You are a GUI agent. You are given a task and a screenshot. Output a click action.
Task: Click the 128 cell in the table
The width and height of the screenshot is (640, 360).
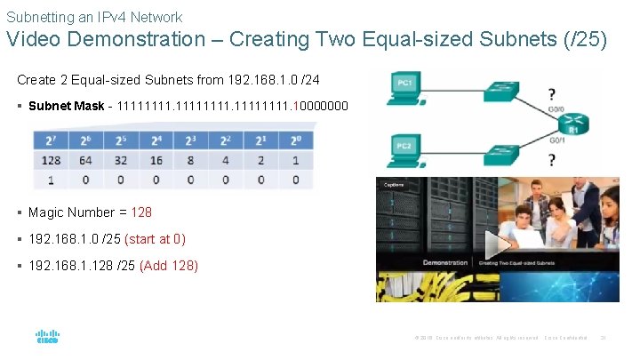[51, 161]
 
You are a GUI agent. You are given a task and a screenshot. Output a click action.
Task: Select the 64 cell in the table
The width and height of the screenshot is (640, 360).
[85, 161]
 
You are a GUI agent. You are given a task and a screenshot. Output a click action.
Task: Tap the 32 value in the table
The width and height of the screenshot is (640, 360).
[120, 161]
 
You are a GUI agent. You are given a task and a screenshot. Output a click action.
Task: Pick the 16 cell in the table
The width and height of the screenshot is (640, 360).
[156, 161]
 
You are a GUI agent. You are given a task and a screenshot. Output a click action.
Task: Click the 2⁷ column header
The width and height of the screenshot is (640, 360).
[51, 141]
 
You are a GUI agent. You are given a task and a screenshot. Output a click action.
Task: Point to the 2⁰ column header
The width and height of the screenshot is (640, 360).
[295, 141]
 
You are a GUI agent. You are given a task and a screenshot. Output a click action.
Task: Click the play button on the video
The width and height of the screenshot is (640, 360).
[500, 244]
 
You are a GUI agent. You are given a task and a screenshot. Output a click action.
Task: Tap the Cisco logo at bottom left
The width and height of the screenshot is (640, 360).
[47, 338]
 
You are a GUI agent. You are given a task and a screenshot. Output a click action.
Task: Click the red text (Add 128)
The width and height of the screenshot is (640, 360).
[169, 266]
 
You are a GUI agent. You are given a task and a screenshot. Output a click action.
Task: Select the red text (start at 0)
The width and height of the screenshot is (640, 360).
[156, 239]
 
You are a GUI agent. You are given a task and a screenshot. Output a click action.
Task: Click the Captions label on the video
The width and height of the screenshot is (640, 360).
[394, 185]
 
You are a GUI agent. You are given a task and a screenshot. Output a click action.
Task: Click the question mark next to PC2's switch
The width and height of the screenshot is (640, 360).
[552, 160]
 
